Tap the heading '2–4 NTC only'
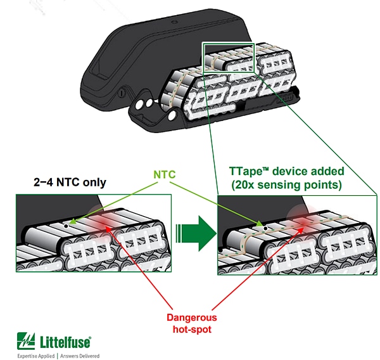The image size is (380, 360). click(x=69, y=183)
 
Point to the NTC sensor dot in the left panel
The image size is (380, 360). click(x=65, y=223)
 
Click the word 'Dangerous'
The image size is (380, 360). click(x=192, y=317)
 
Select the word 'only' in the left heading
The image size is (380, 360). click(x=94, y=183)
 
